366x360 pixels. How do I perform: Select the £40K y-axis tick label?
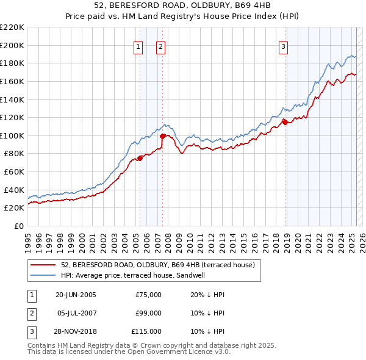click(x=14, y=190)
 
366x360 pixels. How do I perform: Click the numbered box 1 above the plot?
click(x=138, y=46)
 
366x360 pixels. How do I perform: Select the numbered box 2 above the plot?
click(x=160, y=46)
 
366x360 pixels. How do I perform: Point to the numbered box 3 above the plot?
click(x=284, y=46)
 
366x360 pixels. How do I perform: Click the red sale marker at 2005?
click(x=140, y=158)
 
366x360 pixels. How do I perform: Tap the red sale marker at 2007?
click(x=162, y=136)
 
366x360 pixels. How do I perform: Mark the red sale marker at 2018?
click(x=285, y=122)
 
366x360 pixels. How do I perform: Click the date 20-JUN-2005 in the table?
click(x=76, y=295)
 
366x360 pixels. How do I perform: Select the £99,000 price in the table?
click(x=148, y=313)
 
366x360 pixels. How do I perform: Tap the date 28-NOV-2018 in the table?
click(x=76, y=331)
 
